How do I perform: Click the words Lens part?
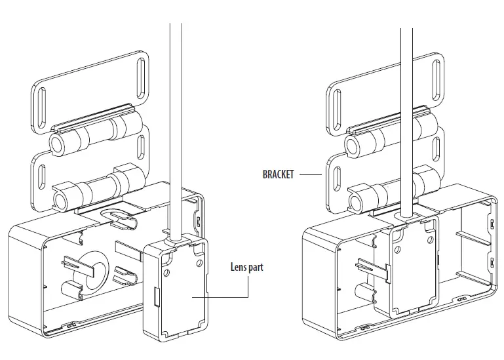247,267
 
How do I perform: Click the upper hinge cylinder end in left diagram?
55,144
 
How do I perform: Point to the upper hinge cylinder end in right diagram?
351,144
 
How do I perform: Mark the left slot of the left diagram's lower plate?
41,178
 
